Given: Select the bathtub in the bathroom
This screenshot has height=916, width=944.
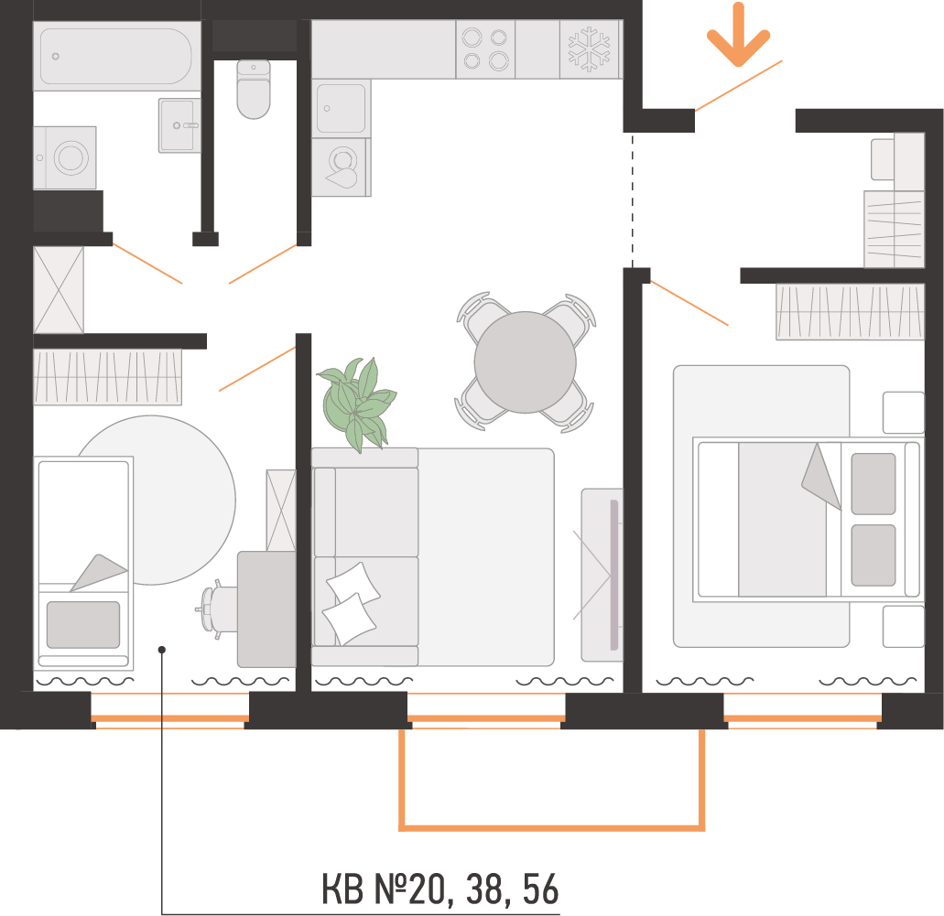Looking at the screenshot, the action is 116,56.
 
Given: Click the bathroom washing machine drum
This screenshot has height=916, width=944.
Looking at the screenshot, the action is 71,157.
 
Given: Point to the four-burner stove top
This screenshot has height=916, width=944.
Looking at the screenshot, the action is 485,49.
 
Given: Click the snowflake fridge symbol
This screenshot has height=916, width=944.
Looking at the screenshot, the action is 589,49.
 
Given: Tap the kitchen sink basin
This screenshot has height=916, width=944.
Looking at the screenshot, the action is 341,108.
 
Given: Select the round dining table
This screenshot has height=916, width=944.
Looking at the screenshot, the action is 525,362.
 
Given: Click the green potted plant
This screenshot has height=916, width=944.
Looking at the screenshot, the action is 356,404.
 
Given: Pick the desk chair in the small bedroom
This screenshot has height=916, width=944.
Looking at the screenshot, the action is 216,609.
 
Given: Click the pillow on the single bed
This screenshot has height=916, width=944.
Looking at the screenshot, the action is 83,625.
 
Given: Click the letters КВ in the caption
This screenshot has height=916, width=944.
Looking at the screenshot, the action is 342,889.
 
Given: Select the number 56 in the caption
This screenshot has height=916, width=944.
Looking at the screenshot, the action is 540,889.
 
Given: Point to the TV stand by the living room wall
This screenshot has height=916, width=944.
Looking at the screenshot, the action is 602,575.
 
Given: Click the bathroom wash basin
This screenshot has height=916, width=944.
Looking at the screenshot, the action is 179,125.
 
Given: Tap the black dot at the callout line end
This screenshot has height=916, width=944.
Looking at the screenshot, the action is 161,650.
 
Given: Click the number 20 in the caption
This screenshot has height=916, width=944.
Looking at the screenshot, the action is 427,889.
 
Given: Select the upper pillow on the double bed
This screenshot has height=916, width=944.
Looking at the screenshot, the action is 873,484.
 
